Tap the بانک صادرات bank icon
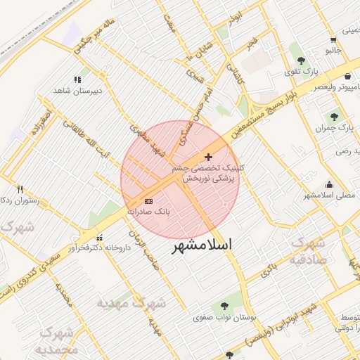[x=148, y=201]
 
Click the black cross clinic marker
[x=208, y=156]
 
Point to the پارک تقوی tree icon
[x=302, y=61]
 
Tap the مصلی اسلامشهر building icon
[x=329, y=184]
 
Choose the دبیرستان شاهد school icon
[x=77, y=80]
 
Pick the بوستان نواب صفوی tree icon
[x=224, y=306]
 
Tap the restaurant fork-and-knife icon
[x=20, y=189]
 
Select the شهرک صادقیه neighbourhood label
[x=309, y=250]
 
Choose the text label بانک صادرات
[x=149, y=212]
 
